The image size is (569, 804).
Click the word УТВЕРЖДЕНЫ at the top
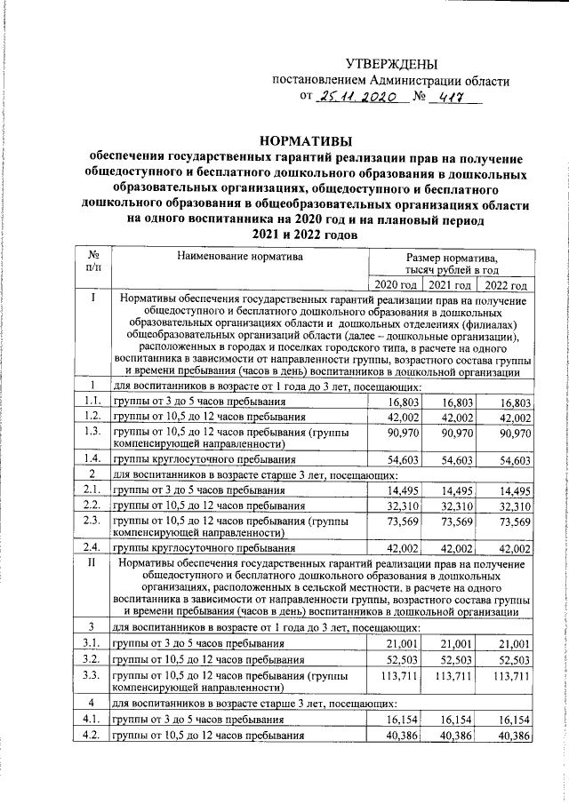[391, 64]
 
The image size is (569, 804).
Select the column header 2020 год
[395, 285]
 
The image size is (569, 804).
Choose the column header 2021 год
[450, 285]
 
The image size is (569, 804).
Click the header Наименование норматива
[239, 258]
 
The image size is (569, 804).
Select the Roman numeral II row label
[93, 562]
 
